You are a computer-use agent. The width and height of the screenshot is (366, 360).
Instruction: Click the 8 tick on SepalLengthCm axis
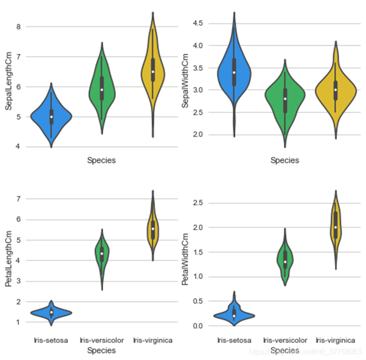(x=19, y=27)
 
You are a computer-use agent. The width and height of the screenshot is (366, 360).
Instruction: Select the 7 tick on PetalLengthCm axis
(x=19, y=199)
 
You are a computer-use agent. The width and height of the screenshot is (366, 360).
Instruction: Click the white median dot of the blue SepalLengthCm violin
(x=51, y=117)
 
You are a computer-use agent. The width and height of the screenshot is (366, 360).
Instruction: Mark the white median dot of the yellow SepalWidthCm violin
(x=336, y=90)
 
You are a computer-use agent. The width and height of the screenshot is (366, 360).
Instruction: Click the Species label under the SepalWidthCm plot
(x=285, y=160)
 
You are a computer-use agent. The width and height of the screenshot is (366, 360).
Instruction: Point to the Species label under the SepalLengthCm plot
(x=101, y=160)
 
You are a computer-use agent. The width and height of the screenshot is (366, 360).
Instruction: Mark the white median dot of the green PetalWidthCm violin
(x=285, y=262)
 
